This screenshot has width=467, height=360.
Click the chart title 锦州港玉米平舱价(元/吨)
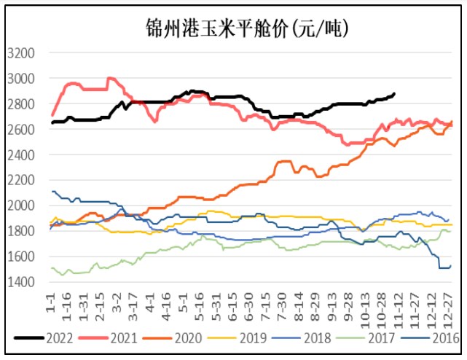point(233,28)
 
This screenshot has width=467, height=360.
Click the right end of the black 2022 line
point(394,93)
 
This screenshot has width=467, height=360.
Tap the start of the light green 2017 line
point(51,268)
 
